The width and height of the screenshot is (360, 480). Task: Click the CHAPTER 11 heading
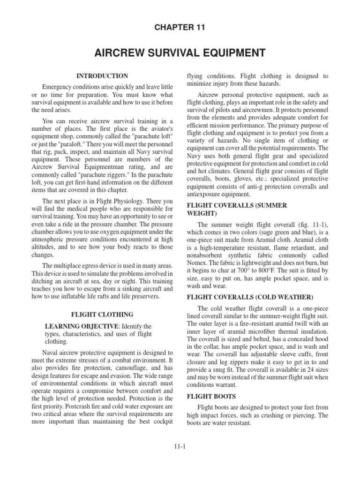(180, 28)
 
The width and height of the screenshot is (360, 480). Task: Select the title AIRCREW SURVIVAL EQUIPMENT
(180, 52)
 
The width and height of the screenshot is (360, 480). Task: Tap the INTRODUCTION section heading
(102, 76)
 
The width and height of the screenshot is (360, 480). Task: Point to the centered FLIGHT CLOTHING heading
(102, 315)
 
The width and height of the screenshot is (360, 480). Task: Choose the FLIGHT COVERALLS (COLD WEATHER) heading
(250, 297)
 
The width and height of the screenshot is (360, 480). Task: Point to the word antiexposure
(208, 193)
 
